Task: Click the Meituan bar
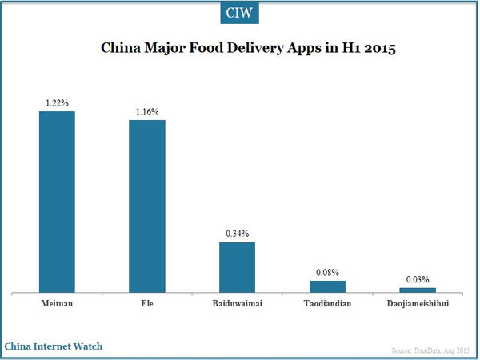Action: point(57,201)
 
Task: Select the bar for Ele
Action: point(147,206)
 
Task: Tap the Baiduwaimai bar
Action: point(237,266)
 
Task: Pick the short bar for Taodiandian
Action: point(327,286)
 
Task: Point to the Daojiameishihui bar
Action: point(418,290)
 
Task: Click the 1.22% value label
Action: point(57,104)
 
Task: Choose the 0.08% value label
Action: point(327,274)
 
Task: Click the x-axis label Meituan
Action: point(57,305)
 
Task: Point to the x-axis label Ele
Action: point(147,305)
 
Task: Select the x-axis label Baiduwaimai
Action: point(237,305)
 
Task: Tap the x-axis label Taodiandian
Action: point(327,305)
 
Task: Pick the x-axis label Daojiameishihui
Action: point(418,305)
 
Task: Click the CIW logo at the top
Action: point(239,14)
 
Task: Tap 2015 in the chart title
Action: point(379,49)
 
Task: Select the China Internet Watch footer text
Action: point(53,346)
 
